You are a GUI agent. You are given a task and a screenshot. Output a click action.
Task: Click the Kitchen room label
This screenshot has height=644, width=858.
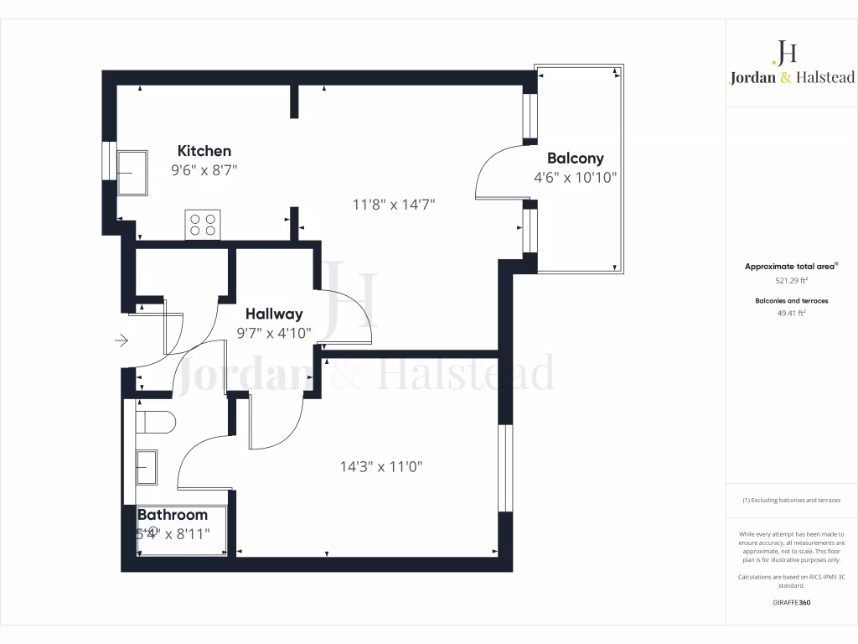tap(204, 151)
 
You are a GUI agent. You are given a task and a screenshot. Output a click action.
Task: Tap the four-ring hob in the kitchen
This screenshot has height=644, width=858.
tap(203, 224)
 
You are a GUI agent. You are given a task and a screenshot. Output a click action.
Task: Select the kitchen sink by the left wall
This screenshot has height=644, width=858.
tap(132, 173)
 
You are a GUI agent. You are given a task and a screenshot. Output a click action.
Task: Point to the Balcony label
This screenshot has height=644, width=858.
tap(575, 158)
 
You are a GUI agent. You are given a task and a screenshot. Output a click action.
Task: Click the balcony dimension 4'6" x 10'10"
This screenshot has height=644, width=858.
tap(575, 178)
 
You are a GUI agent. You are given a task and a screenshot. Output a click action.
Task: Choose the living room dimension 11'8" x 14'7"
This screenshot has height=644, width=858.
tap(393, 204)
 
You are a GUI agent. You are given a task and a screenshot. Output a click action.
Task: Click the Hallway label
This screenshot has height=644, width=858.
tap(274, 314)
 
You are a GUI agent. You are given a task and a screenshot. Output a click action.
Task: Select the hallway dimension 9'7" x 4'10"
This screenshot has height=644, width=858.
tap(274, 333)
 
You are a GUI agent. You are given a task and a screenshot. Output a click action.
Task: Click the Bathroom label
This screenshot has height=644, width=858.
tap(173, 515)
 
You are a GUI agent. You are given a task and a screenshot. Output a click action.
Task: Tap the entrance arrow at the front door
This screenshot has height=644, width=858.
tap(121, 340)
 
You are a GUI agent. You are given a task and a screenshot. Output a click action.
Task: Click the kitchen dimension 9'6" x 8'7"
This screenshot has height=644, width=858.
tap(204, 170)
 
